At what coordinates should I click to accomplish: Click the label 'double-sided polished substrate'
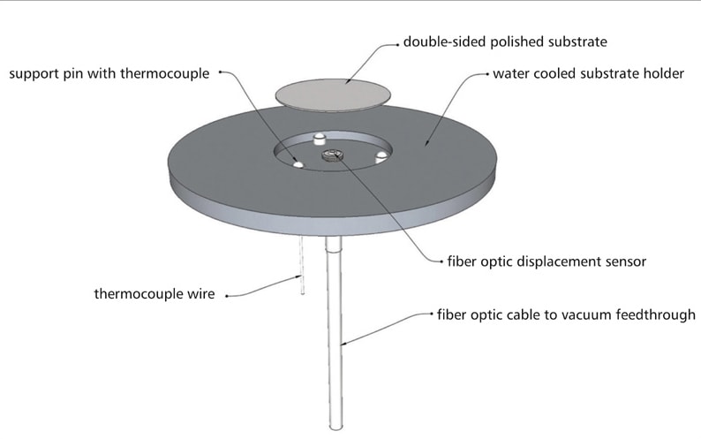(504, 42)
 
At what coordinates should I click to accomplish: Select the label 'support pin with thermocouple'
(109, 73)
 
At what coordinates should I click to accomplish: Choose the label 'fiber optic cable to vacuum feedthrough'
(566, 314)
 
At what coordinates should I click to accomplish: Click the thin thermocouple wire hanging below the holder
(301, 266)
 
